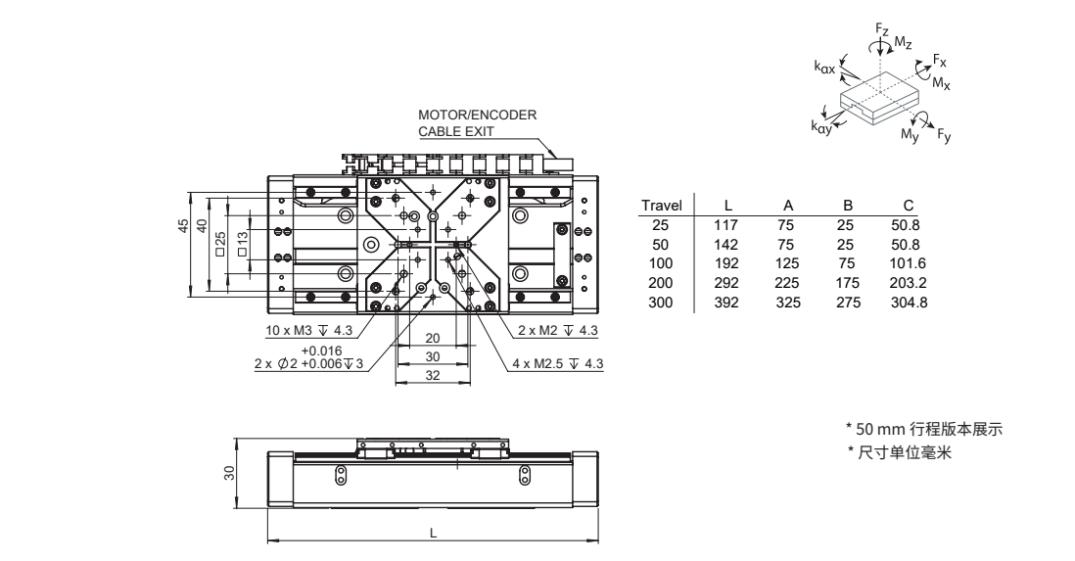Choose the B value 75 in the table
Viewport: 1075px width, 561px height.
[848, 263]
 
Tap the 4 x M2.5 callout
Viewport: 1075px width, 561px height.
[558, 364]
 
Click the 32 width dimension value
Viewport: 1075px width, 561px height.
[432, 375]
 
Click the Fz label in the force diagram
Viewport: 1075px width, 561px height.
[882, 31]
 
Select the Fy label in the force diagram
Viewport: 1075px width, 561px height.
[943, 137]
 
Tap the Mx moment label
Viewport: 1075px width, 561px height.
[941, 83]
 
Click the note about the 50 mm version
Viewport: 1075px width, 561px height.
[925, 429]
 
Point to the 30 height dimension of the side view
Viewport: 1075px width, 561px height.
[229, 472]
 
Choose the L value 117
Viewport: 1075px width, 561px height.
[728, 224]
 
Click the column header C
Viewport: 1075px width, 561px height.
[909, 205]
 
